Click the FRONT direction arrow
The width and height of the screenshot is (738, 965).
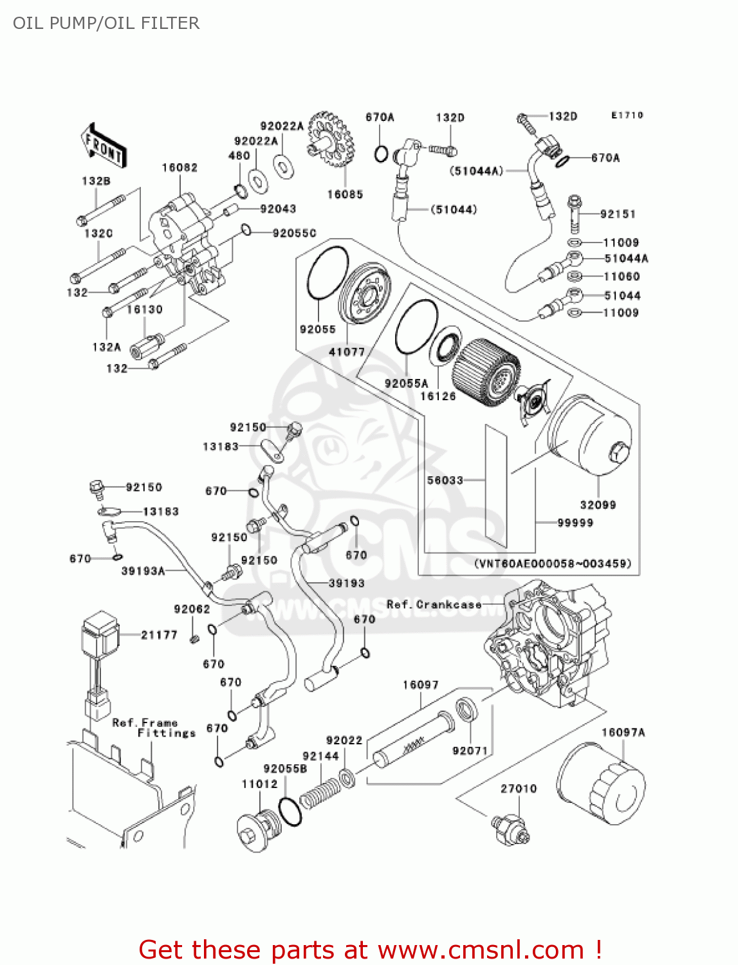[x=103, y=147]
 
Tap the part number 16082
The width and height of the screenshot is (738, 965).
[x=180, y=168]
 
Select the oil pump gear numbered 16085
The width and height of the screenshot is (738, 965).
[x=331, y=140]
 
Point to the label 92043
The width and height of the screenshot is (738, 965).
[x=278, y=209]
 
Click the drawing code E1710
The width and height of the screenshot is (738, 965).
[x=627, y=115]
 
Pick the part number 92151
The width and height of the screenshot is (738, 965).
[x=618, y=214]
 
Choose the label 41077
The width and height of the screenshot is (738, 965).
[x=347, y=352]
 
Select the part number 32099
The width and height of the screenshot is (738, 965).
[x=598, y=505]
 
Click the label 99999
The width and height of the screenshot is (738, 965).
[x=575, y=523]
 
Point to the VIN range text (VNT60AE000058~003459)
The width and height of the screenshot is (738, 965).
[x=553, y=564]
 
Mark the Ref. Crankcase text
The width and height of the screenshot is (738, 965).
[x=434, y=605]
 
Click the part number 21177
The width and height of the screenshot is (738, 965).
[x=159, y=635]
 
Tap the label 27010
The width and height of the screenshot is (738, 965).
[x=519, y=789]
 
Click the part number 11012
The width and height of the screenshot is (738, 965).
[x=259, y=784]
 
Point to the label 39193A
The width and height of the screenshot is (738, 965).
[x=143, y=571]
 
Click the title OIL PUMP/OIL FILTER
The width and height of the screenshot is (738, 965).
[x=106, y=23]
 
